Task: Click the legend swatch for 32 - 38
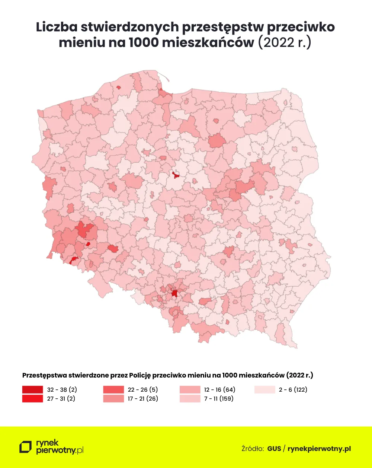32,390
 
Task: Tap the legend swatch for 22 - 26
113,390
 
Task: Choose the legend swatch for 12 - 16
190,390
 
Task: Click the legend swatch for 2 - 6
264,390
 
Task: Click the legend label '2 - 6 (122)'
293,390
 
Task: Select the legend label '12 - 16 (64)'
219,390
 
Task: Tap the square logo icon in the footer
26,447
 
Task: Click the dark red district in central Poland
176,174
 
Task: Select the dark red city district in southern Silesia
174,293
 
